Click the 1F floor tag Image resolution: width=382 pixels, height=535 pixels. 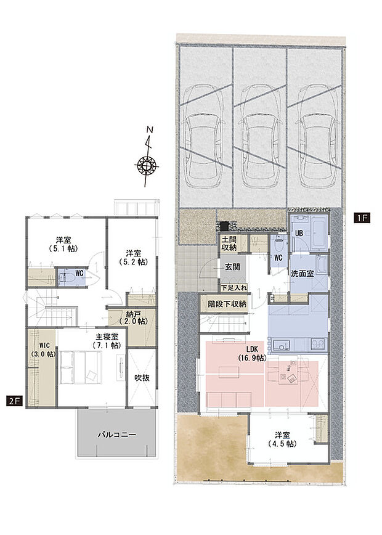pyautogui.click(x=362, y=218)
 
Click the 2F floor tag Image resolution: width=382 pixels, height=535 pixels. pyautogui.click(x=14, y=401)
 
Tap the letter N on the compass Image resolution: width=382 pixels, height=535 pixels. pyautogui.click(x=149, y=129)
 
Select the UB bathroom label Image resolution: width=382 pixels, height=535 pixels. pyautogui.click(x=299, y=234)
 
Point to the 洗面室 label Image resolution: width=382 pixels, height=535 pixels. pyautogui.click(x=302, y=274)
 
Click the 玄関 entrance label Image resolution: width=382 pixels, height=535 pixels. pyautogui.click(x=233, y=266)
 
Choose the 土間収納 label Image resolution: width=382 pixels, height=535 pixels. pyautogui.click(x=229, y=243)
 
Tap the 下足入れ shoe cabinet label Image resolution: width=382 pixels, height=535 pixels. pyautogui.click(x=234, y=288)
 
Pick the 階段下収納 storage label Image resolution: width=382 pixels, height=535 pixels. pyautogui.click(x=227, y=303)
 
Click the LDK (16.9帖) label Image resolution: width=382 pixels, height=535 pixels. pyautogui.click(x=252, y=354)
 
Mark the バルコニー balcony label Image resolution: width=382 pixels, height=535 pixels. pyautogui.click(x=117, y=435)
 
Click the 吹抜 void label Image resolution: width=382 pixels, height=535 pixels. pyautogui.click(x=142, y=378)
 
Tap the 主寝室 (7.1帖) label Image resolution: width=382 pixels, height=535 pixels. pyautogui.click(x=107, y=341)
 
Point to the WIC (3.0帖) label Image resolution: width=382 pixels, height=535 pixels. pyautogui.click(x=43, y=349)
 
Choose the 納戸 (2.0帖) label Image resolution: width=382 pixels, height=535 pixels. pyautogui.click(x=133, y=317)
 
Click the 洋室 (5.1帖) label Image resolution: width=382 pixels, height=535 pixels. pyautogui.click(x=63, y=244)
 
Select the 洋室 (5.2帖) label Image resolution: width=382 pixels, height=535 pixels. pyautogui.click(x=133, y=258)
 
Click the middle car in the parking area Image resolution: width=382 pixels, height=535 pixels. pyautogui.click(x=259, y=136)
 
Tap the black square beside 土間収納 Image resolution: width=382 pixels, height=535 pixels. pyautogui.click(x=224, y=226)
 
